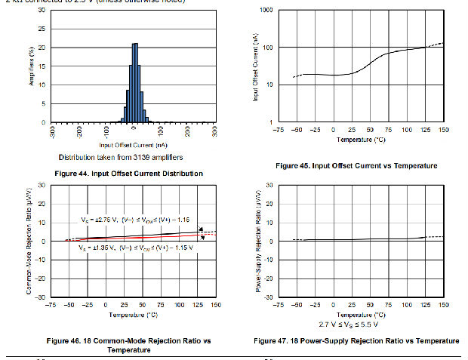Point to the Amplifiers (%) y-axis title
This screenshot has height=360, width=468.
click(31, 66)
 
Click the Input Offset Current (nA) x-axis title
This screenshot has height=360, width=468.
click(132, 143)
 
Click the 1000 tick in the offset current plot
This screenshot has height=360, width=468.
click(266, 11)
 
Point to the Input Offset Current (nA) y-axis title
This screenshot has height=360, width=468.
click(257, 66)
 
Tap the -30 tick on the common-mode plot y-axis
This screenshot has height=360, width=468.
click(41, 297)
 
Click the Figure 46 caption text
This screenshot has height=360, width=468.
click(132, 345)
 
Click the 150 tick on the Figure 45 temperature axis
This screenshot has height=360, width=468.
click(444, 130)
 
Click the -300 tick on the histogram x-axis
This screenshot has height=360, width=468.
click(51, 134)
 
